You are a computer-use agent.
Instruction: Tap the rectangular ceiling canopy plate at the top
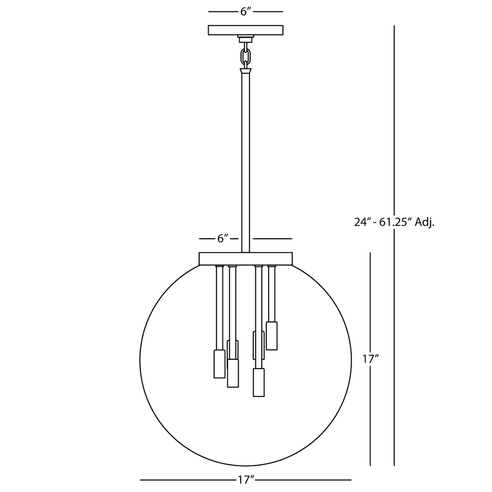point(246,30)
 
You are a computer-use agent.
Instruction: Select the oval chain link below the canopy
point(246,57)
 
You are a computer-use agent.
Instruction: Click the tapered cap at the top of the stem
point(246,71)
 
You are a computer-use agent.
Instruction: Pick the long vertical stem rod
point(246,163)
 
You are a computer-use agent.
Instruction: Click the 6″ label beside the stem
point(222,239)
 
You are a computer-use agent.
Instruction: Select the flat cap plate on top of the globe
point(246,259)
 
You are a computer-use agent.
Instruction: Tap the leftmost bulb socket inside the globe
point(219,364)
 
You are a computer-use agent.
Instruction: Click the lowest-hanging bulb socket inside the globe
point(259,382)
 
